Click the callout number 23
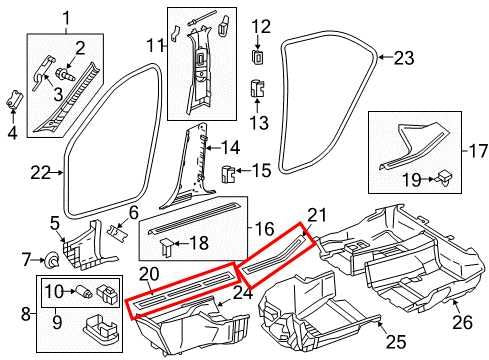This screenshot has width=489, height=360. (x=403, y=58)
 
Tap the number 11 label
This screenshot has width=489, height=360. (x=153, y=44)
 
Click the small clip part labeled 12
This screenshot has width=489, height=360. (x=259, y=56)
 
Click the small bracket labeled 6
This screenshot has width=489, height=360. (x=119, y=229)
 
